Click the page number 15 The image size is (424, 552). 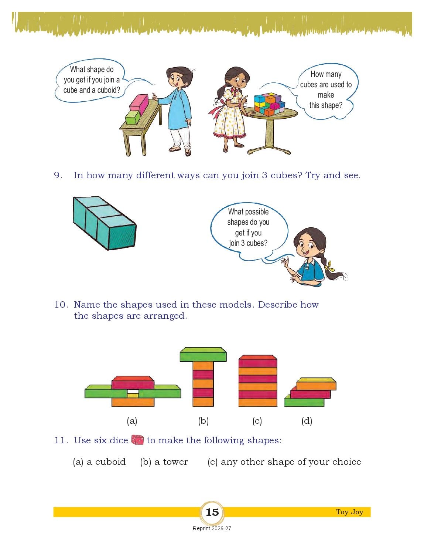[x=212, y=512]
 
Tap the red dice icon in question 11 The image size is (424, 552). [x=137, y=440]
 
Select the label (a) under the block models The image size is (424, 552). [x=132, y=421]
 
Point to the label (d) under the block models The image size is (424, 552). [x=307, y=421]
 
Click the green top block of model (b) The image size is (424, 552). [x=203, y=354]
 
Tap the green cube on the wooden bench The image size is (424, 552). [x=133, y=117]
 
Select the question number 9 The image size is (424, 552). [x=58, y=175]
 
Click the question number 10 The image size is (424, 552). [x=61, y=304]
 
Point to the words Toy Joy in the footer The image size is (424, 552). [x=349, y=512]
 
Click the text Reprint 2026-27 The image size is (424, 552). [x=212, y=528]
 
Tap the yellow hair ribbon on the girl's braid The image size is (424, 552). [x=329, y=265]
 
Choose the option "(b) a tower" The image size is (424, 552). [x=164, y=461]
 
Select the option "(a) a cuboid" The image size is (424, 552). [x=99, y=461]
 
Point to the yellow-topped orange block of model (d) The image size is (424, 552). [x=316, y=384]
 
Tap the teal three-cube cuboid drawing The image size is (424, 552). [x=105, y=223]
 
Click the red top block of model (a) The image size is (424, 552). [x=133, y=382]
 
